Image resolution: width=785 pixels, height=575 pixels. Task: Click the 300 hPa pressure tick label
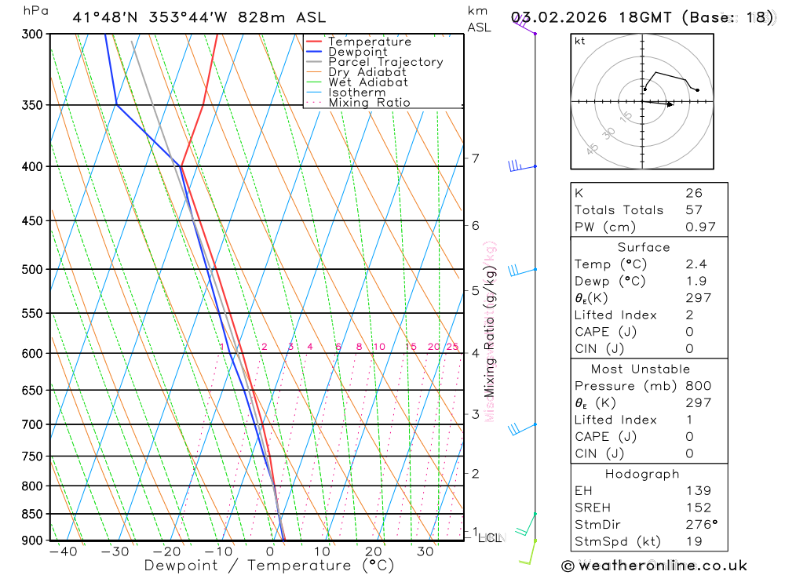(x=33, y=34)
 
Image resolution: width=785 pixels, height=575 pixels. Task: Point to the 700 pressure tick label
(x=33, y=424)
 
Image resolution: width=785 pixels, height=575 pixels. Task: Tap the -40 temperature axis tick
(x=62, y=551)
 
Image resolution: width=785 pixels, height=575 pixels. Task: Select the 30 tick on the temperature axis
(x=425, y=551)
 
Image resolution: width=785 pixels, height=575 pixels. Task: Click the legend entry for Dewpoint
(x=357, y=52)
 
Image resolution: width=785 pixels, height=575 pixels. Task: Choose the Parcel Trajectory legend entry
(x=385, y=62)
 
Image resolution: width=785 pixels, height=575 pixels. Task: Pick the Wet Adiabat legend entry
(x=367, y=82)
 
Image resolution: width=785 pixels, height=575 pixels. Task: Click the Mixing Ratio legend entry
(x=369, y=103)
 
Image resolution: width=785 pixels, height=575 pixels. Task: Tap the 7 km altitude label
(x=475, y=158)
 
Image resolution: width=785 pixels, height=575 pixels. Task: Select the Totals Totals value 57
(x=693, y=210)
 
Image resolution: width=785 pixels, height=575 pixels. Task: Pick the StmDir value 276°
(x=701, y=525)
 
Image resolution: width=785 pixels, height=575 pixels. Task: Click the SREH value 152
(x=698, y=508)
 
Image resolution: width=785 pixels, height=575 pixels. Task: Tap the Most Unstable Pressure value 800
(x=698, y=386)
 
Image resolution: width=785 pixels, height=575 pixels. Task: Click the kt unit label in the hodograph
(x=580, y=41)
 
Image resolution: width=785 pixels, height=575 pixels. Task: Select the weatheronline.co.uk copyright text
(x=654, y=565)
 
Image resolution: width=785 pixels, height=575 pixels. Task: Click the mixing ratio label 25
(x=452, y=347)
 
